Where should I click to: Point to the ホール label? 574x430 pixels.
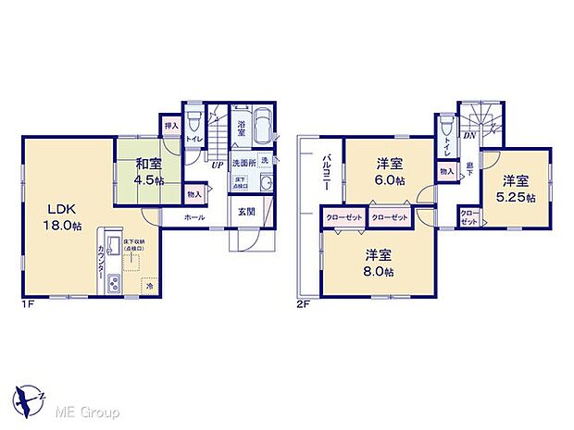[194, 216]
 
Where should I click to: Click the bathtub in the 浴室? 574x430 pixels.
[261, 122]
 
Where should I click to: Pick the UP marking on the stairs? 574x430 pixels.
[217, 166]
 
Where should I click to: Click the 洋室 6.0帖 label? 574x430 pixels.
[389, 171]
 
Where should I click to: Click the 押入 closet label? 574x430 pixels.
[170, 125]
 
